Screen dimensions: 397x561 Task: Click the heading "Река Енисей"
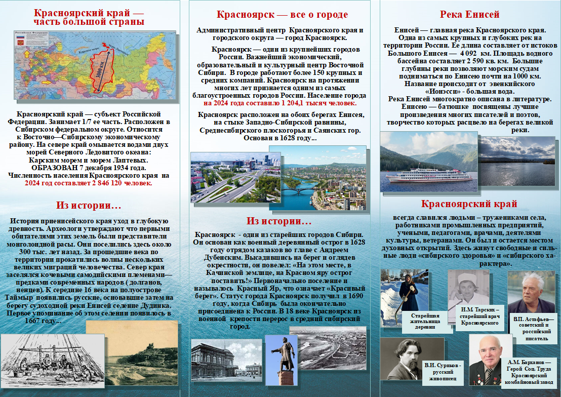click(469, 15)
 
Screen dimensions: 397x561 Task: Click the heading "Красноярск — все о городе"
click(282, 14)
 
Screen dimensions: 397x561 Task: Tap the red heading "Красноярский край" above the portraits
click(469, 204)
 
